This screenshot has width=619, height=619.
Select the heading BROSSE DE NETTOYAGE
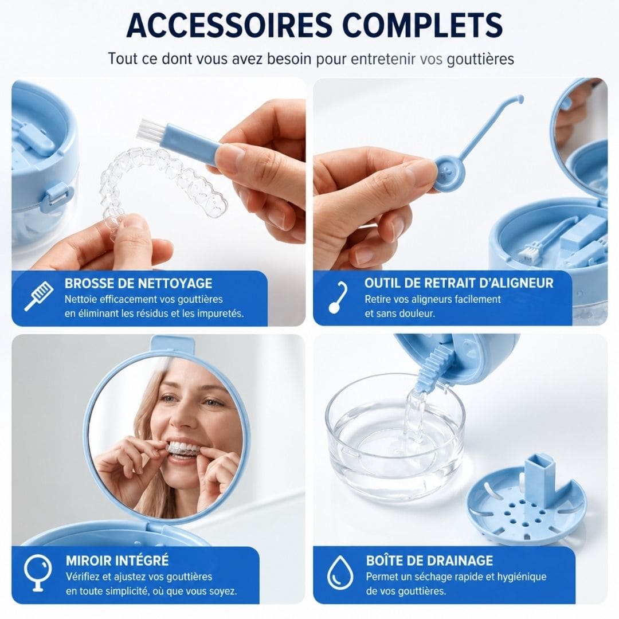tap(139, 284)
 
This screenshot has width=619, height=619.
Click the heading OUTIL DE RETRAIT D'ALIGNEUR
tap(459, 283)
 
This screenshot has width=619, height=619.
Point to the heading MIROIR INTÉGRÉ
tap(117, 560)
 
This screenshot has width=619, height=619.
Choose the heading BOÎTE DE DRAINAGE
tap(429, 561)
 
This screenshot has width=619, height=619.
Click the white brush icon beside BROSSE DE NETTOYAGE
tap(39, 296)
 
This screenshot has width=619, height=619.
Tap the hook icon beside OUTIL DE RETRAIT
tap(338, 297)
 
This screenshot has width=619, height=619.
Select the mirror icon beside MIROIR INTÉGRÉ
tap(38, 573)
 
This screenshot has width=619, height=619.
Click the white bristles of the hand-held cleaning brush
tap(146, 130)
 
